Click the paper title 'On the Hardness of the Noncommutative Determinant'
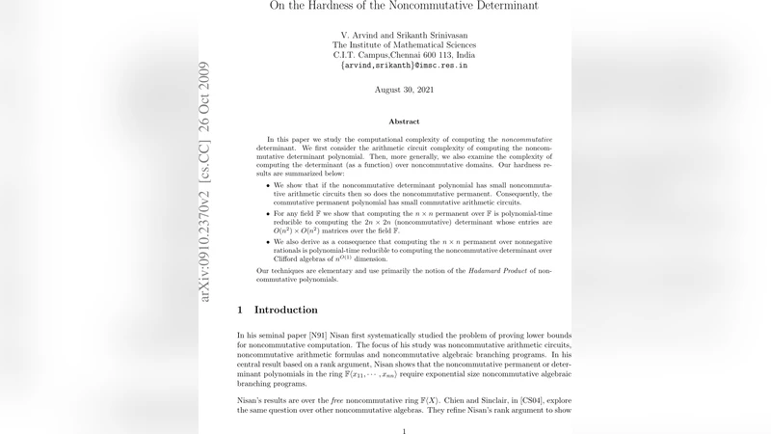[x=404, y=7]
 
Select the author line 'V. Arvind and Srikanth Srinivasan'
[x=404, y=34]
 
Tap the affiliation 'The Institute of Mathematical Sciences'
[x=404, y=44]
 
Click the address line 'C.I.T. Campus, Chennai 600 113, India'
[x=404, y=55]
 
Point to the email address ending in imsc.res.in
[x=404, y=66]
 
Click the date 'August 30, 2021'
[x=404, y=89]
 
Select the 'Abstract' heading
[x=404, y=122]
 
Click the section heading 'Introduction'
[x=285, y=310]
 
